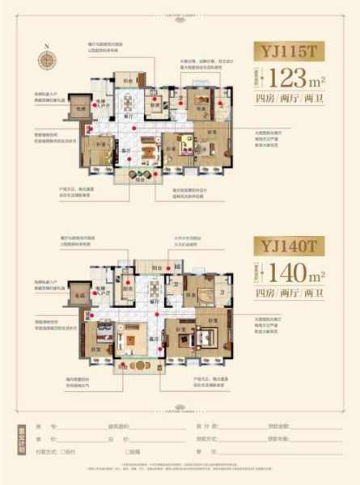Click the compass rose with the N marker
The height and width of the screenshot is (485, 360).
(47, 59)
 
